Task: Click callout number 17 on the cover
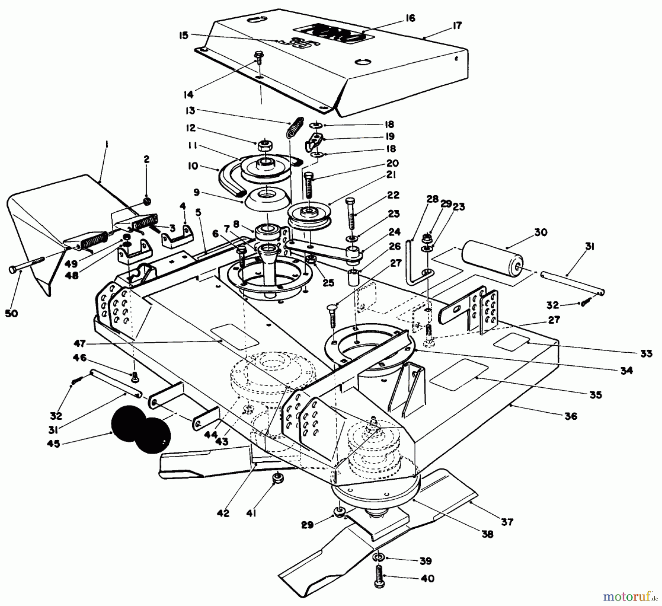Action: (x=457, y=26)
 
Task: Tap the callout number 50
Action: (x=11, y=313)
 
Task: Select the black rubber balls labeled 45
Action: (x=142, y=429)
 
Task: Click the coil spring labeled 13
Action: (x=296, y=127)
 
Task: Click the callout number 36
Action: (x=571, y=416)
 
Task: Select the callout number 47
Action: (x=79, y=343)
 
